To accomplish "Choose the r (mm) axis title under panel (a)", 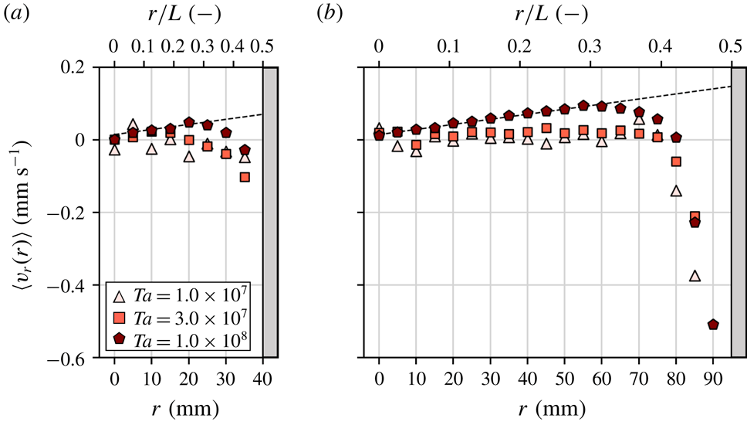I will point(188,407).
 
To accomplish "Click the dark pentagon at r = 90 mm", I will point(713,325).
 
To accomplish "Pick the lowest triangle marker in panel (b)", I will point(695,276).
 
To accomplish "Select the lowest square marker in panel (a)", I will point(245,177).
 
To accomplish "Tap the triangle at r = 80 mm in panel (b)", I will point(676,191).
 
